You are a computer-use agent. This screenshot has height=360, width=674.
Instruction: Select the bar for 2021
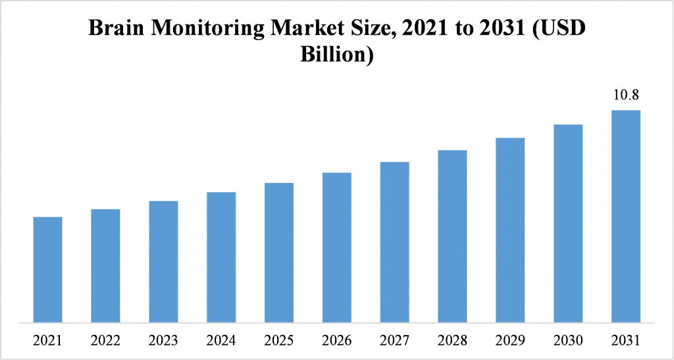tap(47, 270)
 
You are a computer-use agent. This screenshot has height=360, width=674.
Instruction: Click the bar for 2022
tap(105, 266)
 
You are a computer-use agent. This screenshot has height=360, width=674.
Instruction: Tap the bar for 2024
tap(221, 257)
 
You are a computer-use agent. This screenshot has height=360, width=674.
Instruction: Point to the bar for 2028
tap(452, 236)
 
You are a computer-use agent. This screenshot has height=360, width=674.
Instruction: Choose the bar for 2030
tap(568, 224)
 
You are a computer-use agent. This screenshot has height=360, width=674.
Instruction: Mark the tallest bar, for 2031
tap(626, 217)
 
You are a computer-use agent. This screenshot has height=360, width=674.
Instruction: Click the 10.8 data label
tap(626, 95)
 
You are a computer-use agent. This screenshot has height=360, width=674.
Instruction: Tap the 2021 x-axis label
tap(47, 341)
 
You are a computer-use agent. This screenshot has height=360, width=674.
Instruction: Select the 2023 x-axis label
tap(163, 341)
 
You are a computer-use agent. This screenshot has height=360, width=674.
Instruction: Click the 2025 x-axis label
tap(279, 341)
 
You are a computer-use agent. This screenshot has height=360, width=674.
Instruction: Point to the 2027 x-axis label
tap(395, 341)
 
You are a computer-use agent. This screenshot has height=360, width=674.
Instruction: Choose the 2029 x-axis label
tap(510, 341)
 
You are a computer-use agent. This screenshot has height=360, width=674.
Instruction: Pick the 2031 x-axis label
tap(626, 341)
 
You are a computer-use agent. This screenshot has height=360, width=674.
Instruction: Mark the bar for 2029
tap(510, 230)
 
